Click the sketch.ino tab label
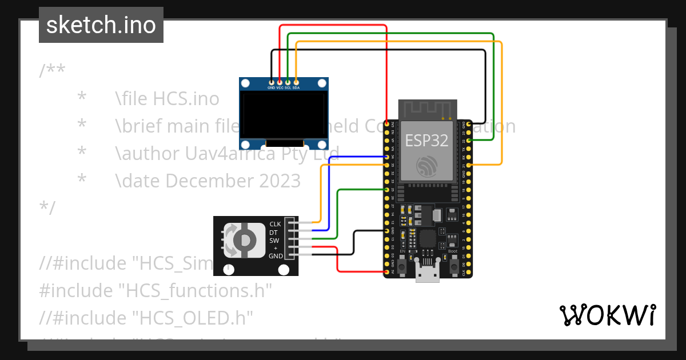(x=101, y=25)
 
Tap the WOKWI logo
(x=607, y=315)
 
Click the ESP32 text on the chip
(x=426, y=141)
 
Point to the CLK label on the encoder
(x=275, y=225)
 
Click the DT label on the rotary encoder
(x=274, y=233)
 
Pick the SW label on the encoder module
(x=274, y=241)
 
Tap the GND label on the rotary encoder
(x=275, y=256)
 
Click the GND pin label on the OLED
(x=271, y=88)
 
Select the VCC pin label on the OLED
(x=280, y=88)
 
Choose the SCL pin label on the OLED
(x=288, y=88)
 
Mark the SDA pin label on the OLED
(x=296, y=88)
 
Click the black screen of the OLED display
(x=284, y=116)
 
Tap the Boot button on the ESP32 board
(x=453, y=266)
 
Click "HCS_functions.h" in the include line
(x=194, y=290)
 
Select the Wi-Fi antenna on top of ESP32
(x=428, y=109)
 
